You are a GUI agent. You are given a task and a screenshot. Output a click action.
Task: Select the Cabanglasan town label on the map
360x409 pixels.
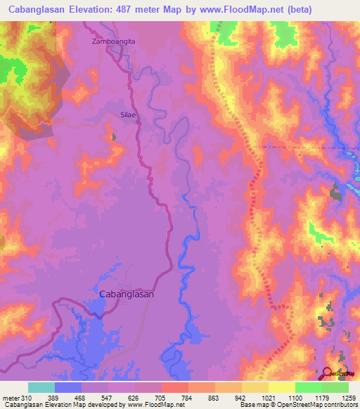click(x=127, y=295)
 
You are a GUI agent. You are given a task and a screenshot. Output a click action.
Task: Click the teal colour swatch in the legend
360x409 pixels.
click(x=41, y=387)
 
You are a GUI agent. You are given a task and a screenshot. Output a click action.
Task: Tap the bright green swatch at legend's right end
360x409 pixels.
click(x=335, y=387)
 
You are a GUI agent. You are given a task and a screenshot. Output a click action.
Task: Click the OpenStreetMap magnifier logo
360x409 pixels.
click(x=328, y=373)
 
